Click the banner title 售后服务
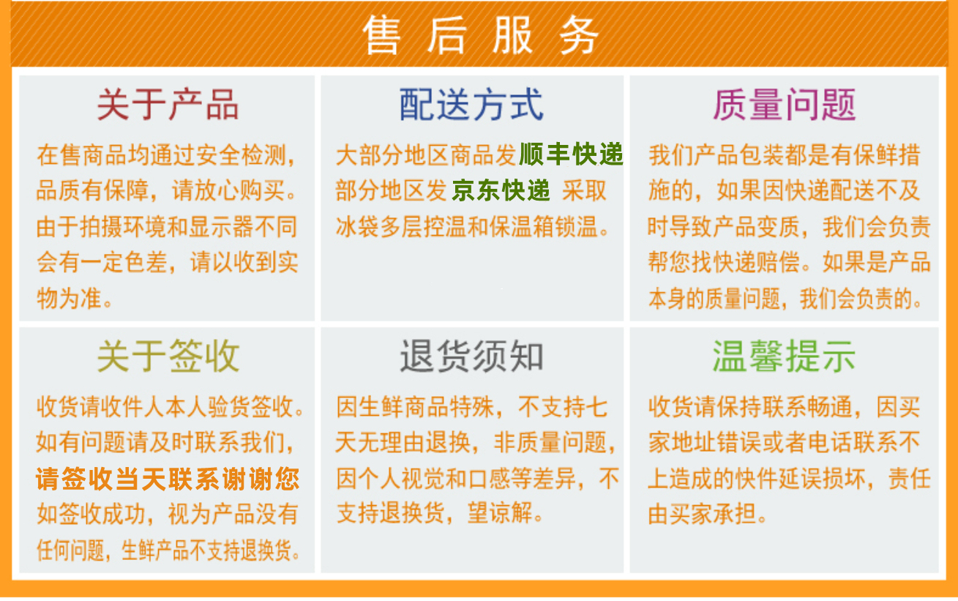(480, 35)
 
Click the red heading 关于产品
(168, 105)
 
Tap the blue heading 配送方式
(471, 105)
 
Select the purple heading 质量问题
(785, 105)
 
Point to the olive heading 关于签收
(168, 356)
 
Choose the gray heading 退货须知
(471, 356)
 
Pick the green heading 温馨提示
(784, 356)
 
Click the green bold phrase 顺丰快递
(571, 154)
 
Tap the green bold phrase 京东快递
(501, 190)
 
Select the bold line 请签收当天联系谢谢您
(168, 479)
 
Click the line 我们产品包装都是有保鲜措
(784, 154)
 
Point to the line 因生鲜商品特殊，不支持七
(471, 406)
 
